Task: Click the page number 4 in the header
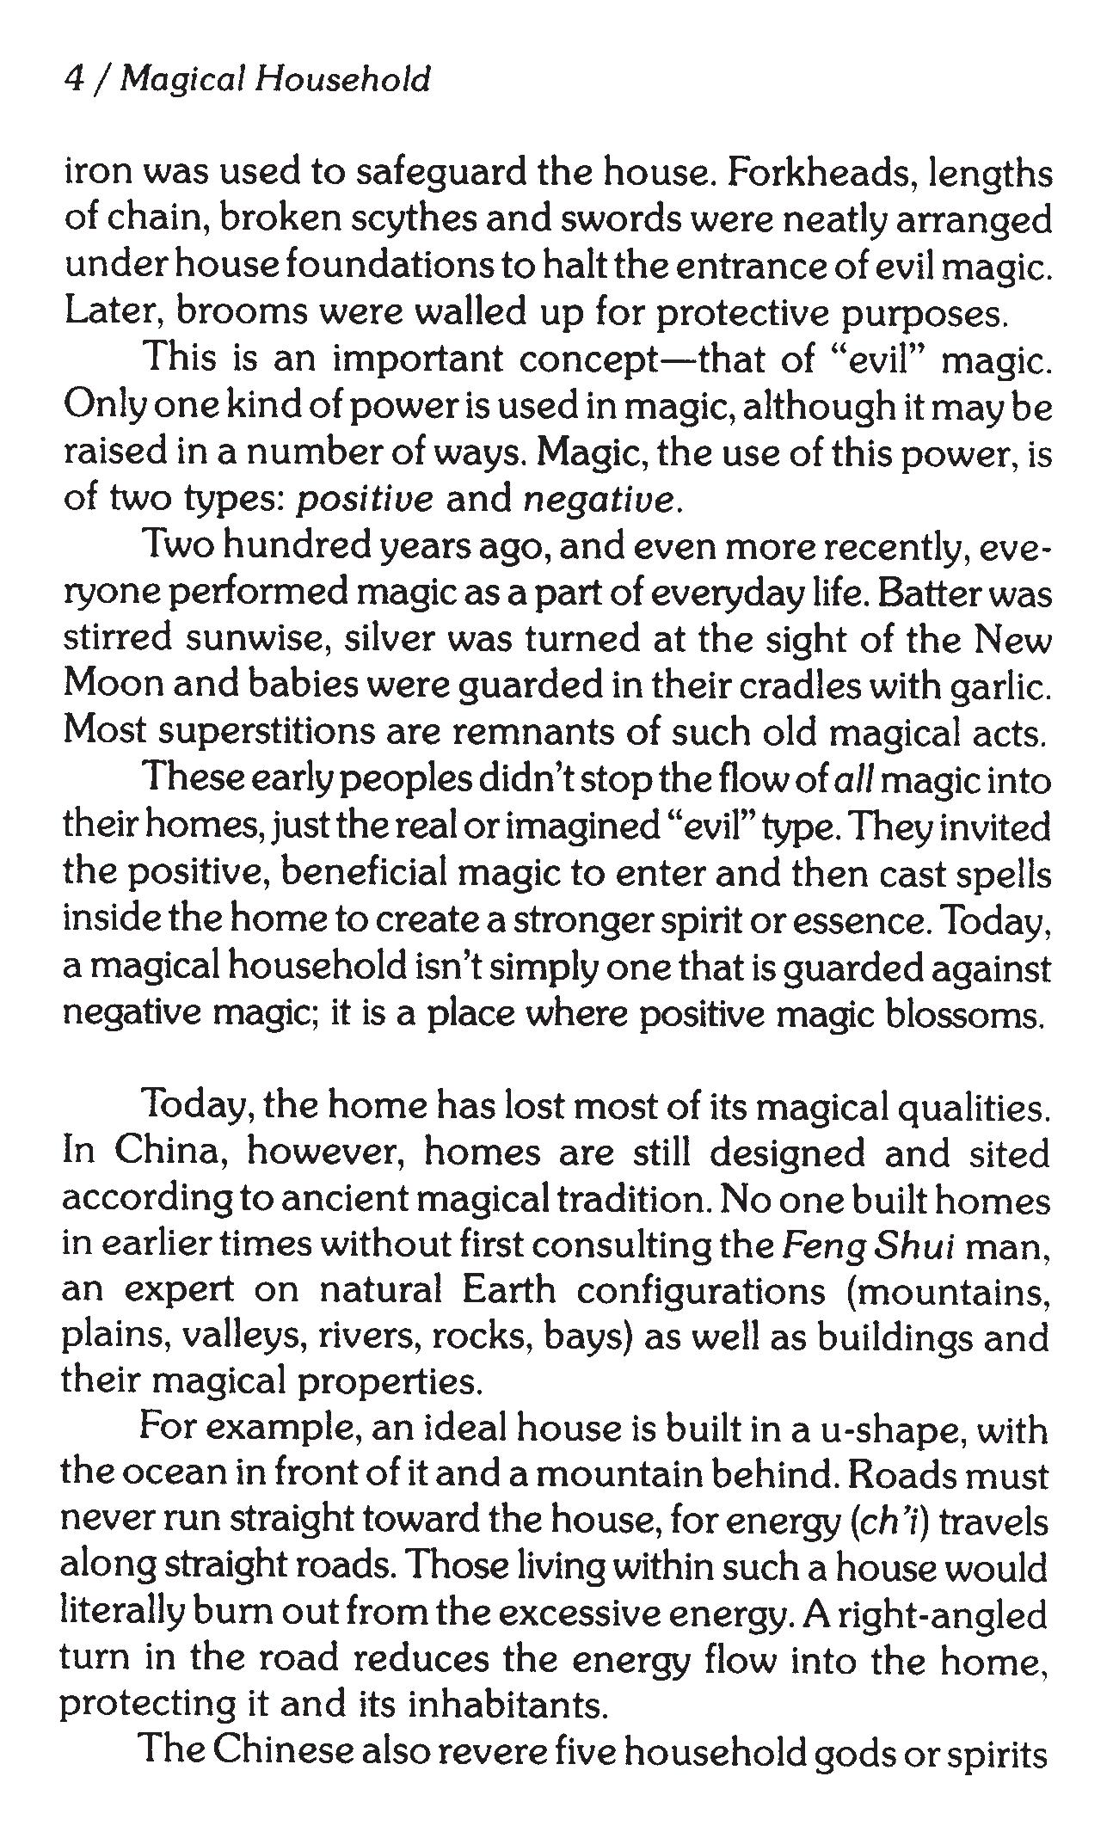click(74, 80)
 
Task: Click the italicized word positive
click(365, 501)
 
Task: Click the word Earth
click(508, 1292)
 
